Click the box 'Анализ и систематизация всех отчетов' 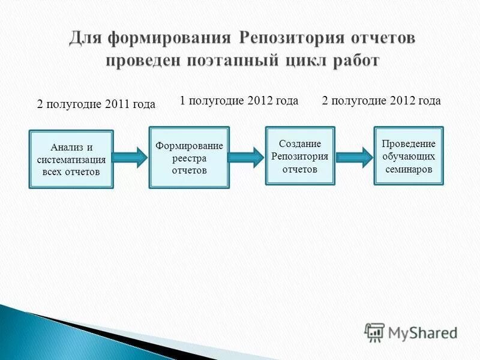(x=71, y=160)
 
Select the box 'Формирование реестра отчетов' (x=189, y=157)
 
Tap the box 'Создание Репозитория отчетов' (x=300, y=155)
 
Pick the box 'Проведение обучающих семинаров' (x=409, y=155)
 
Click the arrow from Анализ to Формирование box (x=130, y=157)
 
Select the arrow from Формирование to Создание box (x=246, y=157)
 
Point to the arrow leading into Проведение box (x=354, y=157)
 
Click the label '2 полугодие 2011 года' (x=96, y=104)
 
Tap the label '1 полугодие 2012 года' (x=239, y=101)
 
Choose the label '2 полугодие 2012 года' (x=381, y=101)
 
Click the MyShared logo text (x=423, y=332)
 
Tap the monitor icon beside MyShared (x=374, y=332)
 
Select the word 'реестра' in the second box (x=189, y=158)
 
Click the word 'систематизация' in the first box (x=71, y=160)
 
